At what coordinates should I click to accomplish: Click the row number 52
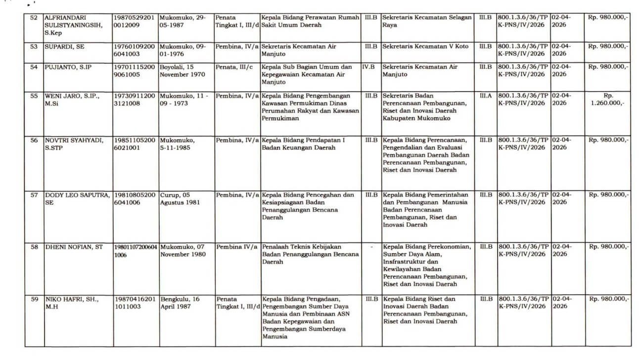[x=34, y=17]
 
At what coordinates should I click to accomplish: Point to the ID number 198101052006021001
[x=135, y=144]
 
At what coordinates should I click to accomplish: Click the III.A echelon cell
[x=486, y=95]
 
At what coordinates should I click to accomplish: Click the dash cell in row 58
[x=372, y=247]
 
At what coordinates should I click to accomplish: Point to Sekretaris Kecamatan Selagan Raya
[x=426, y=21]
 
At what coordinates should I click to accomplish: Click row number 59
[x=34, y=299]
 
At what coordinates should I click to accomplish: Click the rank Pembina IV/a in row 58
[x=237, y=247]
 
